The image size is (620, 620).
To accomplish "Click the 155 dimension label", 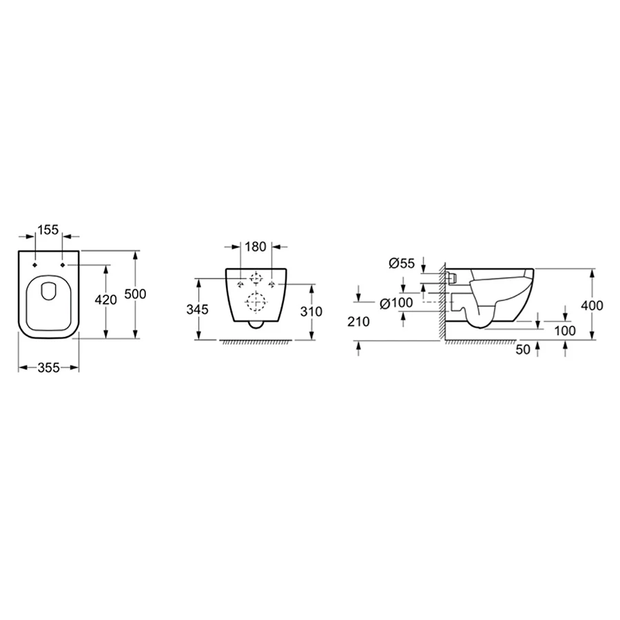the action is [49, 229].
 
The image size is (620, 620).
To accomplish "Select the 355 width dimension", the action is [49, 368].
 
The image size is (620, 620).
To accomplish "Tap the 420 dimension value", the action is [106, 300].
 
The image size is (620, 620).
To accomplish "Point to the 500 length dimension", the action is [135, 293].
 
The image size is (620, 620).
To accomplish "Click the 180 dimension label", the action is [256, 247].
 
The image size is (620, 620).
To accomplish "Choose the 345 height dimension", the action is [197, 309].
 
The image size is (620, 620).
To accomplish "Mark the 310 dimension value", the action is [311, 311].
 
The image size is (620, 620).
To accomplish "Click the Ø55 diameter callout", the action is [402, 263].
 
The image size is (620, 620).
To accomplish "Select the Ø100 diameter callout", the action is [396, 303].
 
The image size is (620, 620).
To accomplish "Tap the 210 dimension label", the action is [359, 322].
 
